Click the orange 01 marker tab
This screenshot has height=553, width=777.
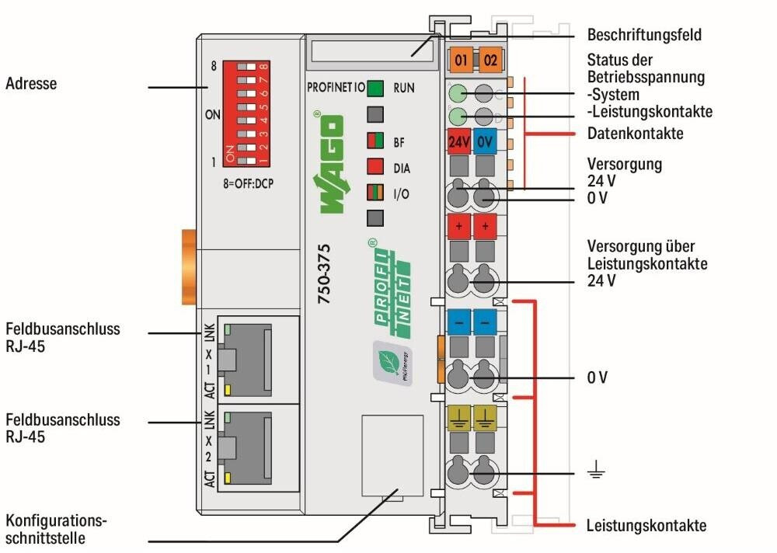pos(461,59)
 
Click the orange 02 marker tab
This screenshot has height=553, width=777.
pos(490,59)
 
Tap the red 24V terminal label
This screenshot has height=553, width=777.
pos(458,143)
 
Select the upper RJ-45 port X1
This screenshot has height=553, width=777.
pos(256,358)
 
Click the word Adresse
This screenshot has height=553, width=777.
pos(31,83)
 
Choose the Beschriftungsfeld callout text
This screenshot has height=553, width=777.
pos(644,35)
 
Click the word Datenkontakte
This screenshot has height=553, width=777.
pos(635,134)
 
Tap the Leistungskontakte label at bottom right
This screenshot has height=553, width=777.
pos(646,526)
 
